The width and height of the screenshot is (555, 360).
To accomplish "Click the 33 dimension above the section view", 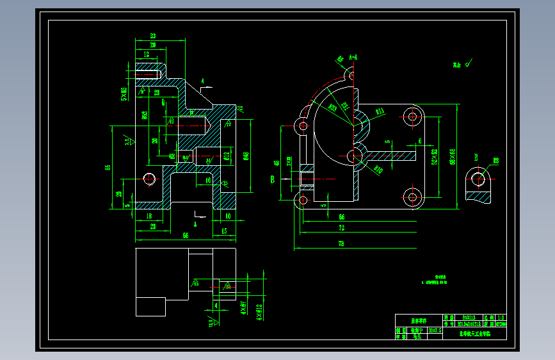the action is (153, 35).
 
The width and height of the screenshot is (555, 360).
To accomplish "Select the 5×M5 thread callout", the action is (124, 94).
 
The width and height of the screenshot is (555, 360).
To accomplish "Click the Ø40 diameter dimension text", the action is (246, 155).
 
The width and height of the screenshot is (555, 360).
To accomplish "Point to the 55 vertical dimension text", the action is (108, 167).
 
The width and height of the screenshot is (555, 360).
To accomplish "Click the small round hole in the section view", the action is (150, 178).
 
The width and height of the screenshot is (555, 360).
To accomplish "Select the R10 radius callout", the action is (378, 170).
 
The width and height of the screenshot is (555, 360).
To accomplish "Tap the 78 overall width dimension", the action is (341, 243).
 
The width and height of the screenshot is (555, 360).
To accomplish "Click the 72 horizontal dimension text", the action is (341, 228).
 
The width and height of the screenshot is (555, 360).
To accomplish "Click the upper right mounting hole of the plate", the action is (412, 117).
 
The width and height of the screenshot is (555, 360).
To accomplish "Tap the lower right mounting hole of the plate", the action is (412, 196).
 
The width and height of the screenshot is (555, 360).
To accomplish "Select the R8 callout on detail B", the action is (495, 160).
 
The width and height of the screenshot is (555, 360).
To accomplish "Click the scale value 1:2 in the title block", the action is (501, 317).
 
